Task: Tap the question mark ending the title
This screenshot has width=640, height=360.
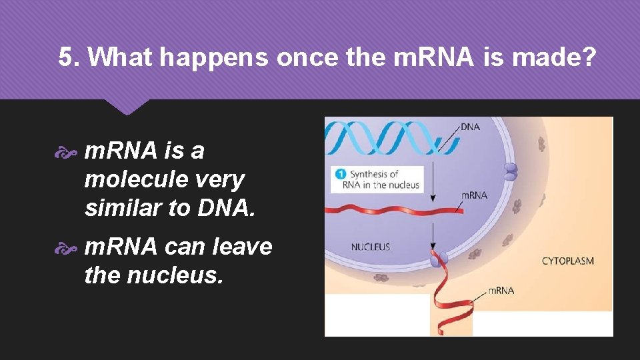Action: tap(587, 58)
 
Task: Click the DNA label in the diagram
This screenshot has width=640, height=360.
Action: tap(470, 127)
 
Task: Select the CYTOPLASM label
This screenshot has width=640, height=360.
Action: tap(567, 261)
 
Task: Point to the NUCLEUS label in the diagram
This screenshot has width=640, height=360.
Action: tap(371, 247)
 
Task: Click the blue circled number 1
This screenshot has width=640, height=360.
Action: tap(340, 175)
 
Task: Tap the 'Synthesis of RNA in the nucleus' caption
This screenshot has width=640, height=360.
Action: tap(384, 179)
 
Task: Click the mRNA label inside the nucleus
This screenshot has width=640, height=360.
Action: tap(474, 195)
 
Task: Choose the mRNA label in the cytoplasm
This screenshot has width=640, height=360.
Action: tap(501, 290)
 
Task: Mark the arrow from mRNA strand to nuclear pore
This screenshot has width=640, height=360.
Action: tap(434, 235)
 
